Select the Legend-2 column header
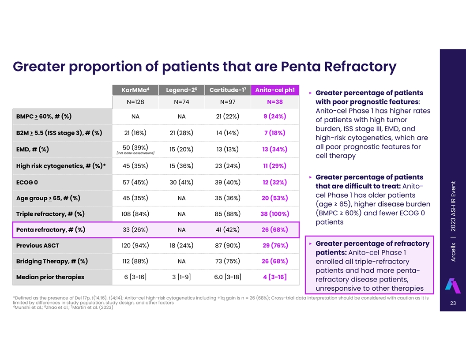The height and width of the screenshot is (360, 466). tap(181, 90)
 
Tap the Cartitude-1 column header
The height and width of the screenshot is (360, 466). tap(228, 90)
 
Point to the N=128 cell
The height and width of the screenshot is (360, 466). tap(135, 102)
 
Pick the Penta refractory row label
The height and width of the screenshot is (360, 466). tap(51, 230)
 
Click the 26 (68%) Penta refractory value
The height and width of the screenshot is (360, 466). tap(274, 230)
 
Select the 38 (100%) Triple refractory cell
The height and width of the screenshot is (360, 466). tap(274, 214)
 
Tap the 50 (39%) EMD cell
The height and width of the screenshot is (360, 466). tap(135, 147)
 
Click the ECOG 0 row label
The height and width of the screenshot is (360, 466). tap(27, 182)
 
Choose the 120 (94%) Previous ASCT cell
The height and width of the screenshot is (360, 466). tap(135, 245)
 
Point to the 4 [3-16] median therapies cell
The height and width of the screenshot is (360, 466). tap(274, 277)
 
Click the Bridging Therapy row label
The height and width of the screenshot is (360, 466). tap(52, 261)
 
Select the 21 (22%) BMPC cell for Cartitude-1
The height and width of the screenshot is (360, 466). tap(228, 116)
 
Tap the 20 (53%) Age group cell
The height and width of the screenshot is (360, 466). tap(274, 198)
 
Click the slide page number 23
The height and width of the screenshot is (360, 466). tap(452, 303)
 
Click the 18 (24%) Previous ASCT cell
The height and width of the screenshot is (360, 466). tap(181, 245)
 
